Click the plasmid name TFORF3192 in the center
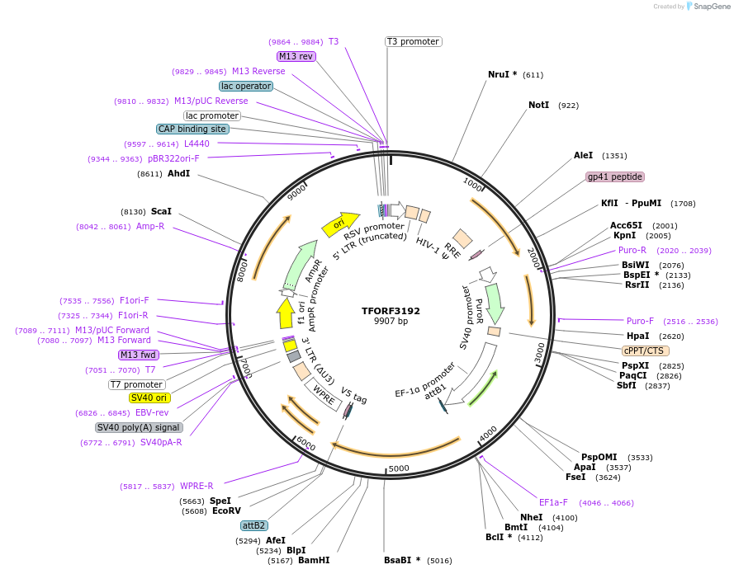tap(391, 311)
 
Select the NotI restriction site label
tap(538, 105)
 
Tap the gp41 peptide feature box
tap(615, 176)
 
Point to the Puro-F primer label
tap(640, 321)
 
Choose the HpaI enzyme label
tap(637, 336)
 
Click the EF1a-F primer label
tap(553, 501)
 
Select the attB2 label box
tap(253, 525)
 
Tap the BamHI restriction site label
tap(314, 560)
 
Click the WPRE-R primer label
tap(197, 486)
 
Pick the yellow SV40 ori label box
tap(149, 398)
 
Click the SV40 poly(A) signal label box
tap(139, 427)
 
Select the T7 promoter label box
tap(137, 384)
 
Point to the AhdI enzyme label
tap(178, 173)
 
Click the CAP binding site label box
tap(192, 129)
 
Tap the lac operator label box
tap(246, 86)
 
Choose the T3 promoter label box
tap(413, 41)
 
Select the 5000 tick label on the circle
tap(399, 468)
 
